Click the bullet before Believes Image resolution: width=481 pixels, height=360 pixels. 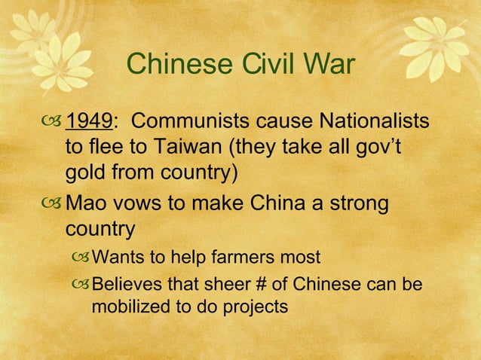(x=78, y=285)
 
